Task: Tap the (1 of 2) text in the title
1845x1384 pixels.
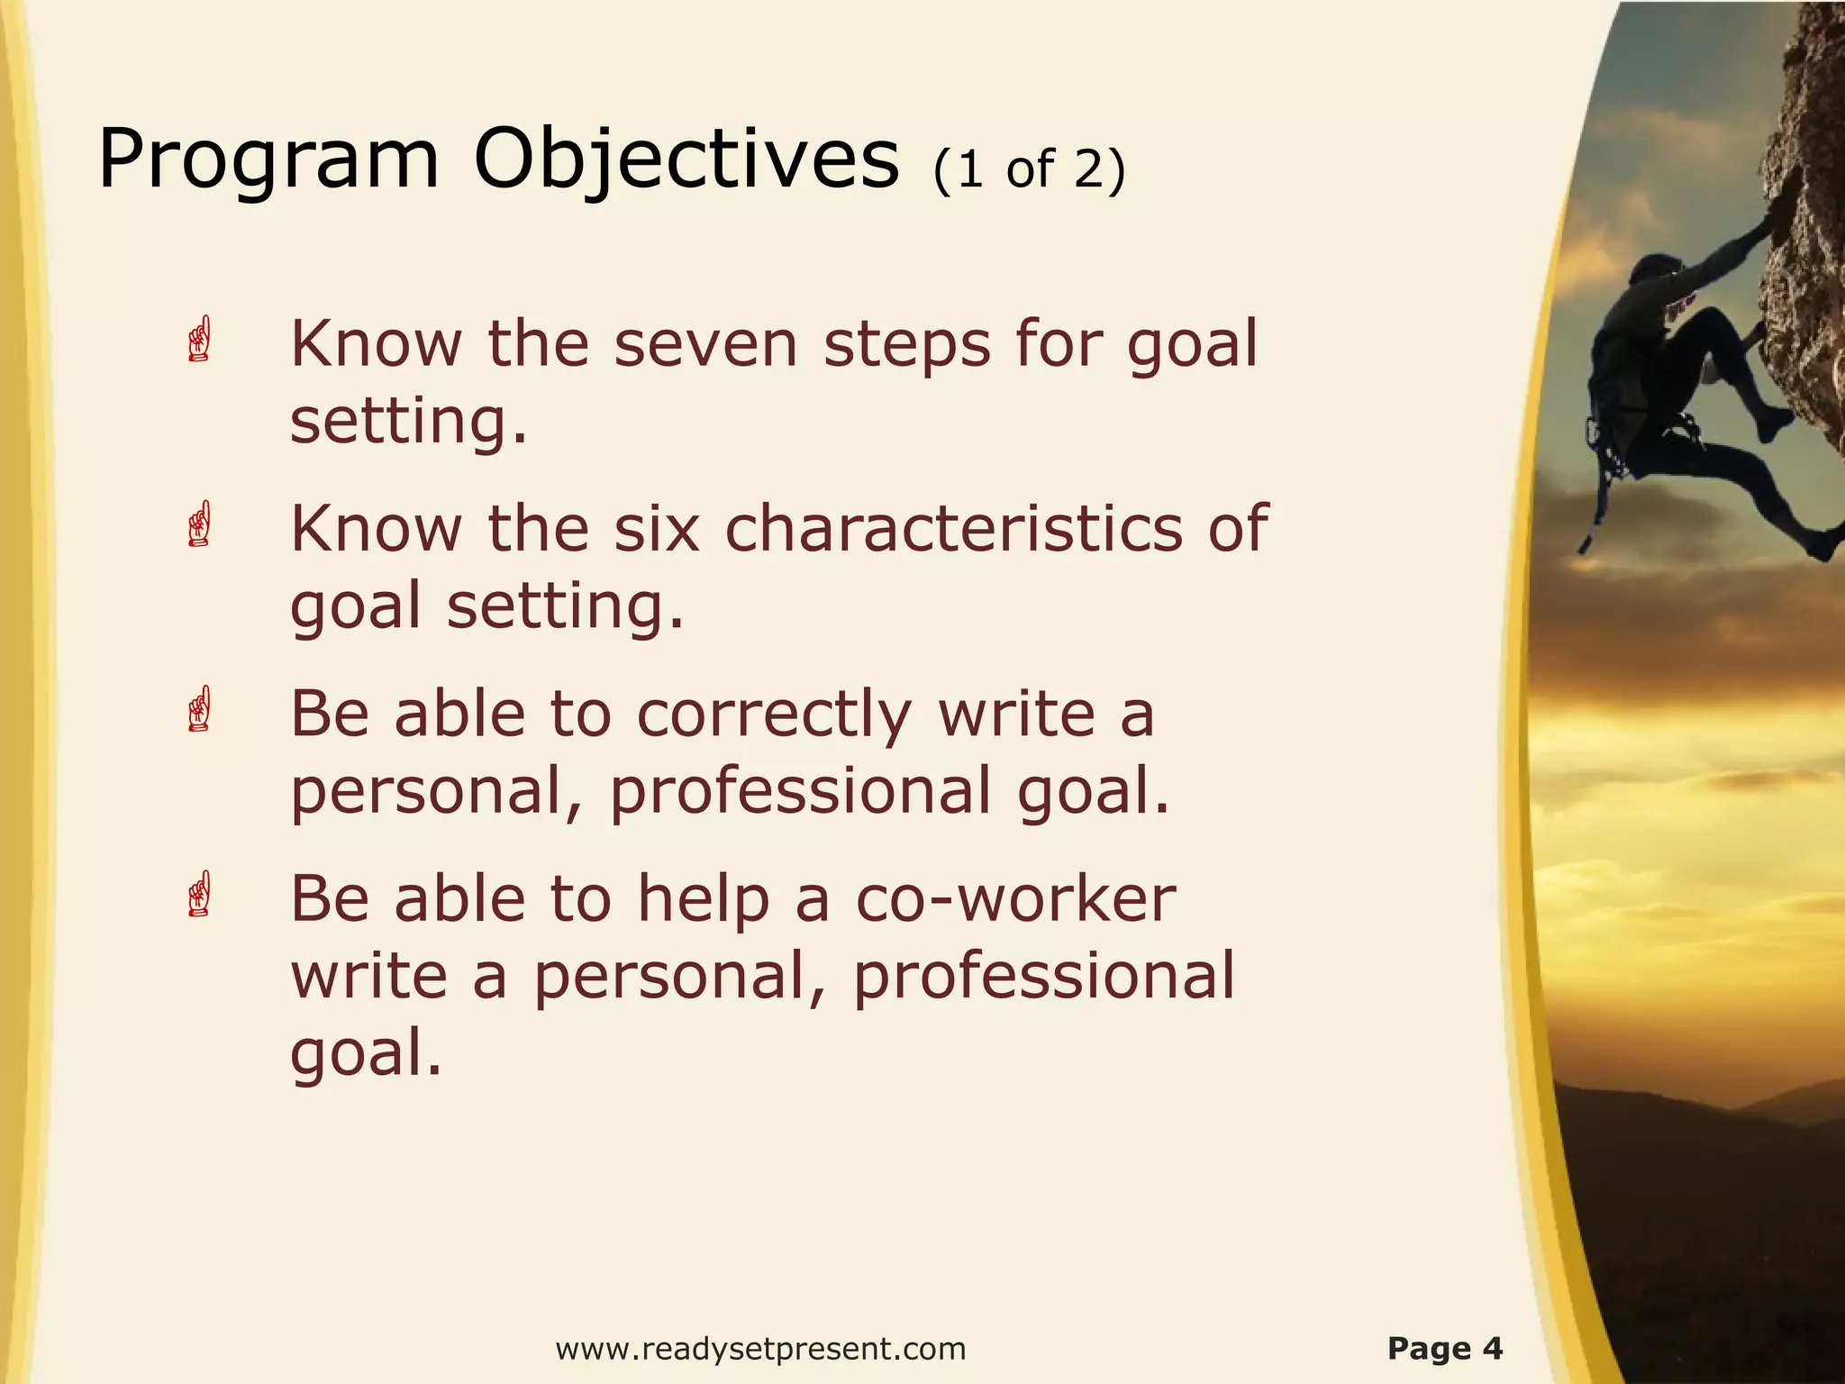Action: click(x=1030, y=169)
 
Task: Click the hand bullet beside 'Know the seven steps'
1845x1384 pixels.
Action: click(x=200, y=340)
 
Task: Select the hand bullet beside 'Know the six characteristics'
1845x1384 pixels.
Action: click(x=200, y=524)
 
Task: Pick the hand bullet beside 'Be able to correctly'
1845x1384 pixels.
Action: click(x=200, y=709)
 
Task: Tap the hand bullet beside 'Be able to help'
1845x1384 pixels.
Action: click(x=200, y=895)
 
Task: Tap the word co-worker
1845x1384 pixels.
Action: click(x=1014, y=899)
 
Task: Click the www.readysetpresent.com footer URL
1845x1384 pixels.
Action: click(x=760, y=1349)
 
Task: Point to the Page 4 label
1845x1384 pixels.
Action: click(x=1445, y=1349)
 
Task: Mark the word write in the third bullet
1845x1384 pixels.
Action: click(x=1015, y=714)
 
